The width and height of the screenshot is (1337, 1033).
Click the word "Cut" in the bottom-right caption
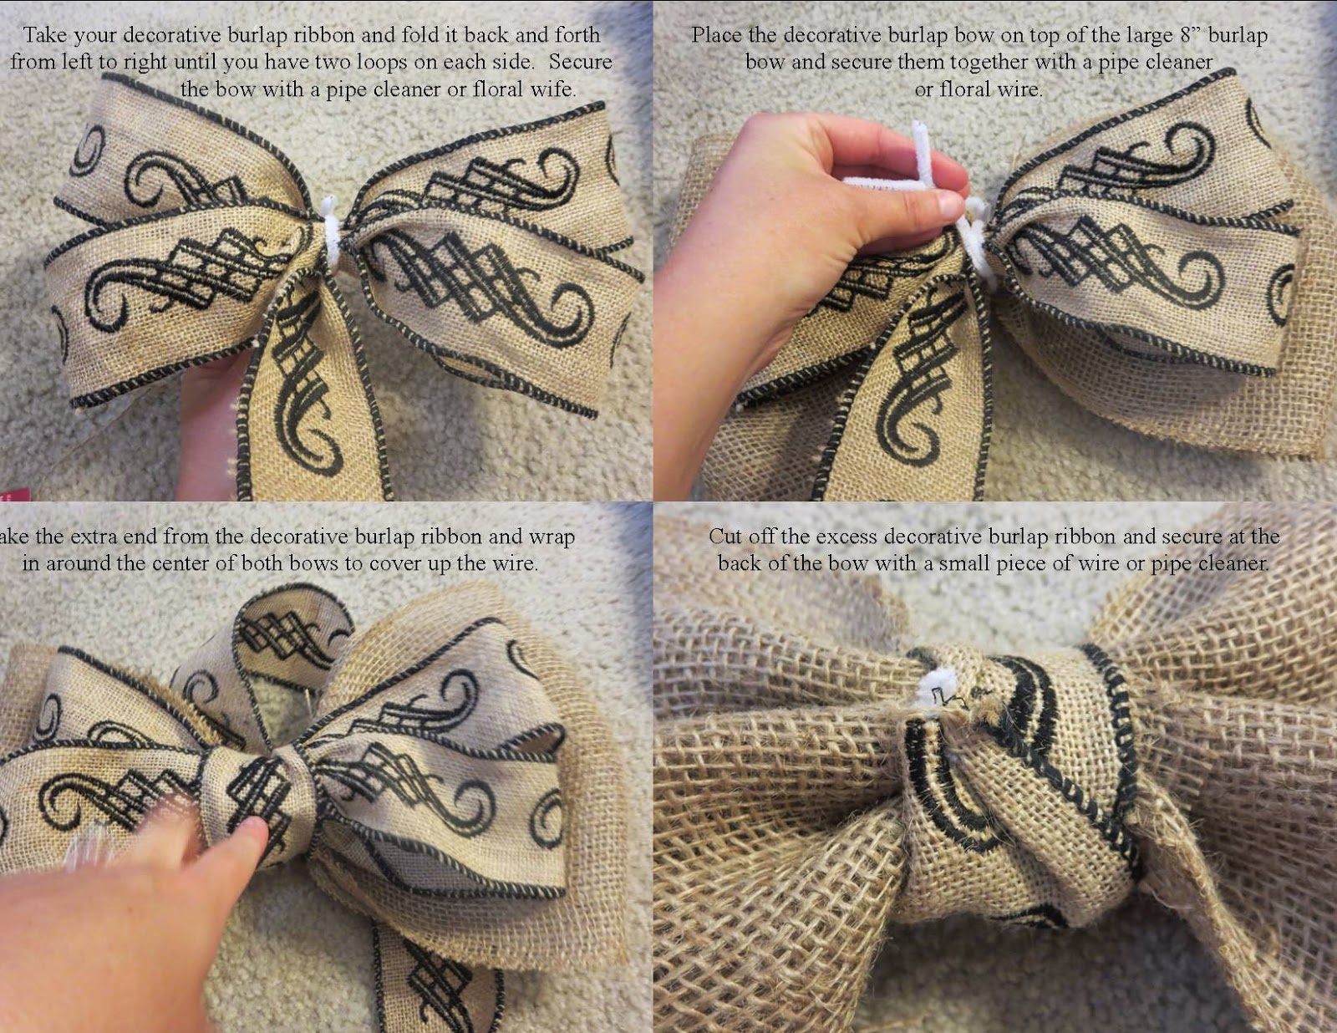[x=726, y=536]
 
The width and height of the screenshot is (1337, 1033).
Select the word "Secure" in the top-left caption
[x=580, y=62]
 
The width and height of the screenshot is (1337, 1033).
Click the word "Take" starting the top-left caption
[x=45, y=35]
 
